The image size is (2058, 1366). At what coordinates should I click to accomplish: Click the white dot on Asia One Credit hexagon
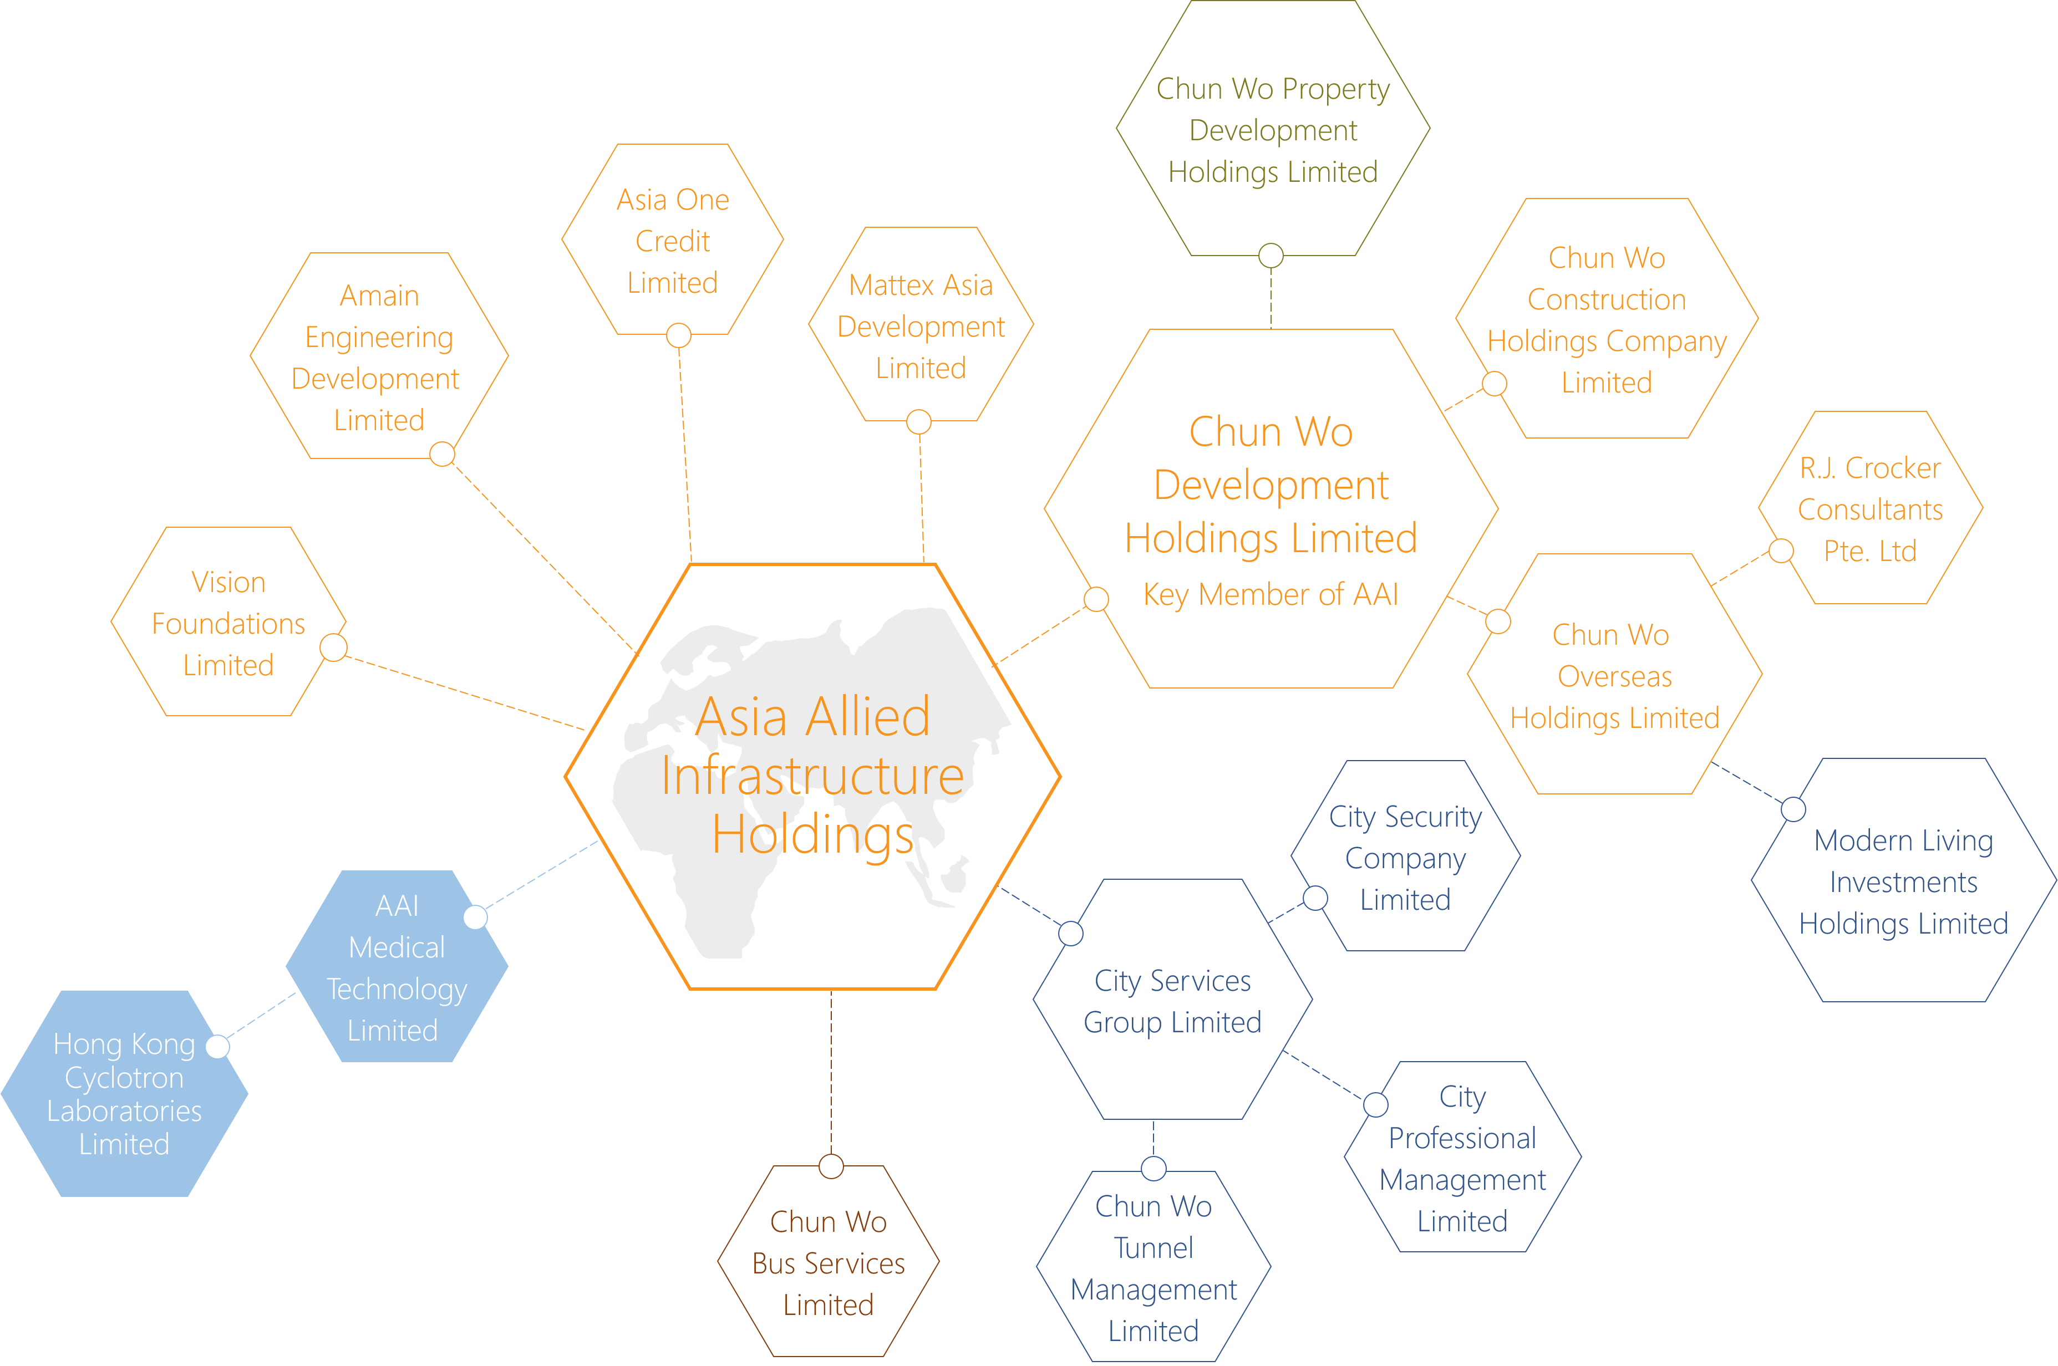pyautogui.click(x=679, y=335)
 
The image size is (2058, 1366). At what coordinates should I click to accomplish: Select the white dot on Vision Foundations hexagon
pyautogui.click(x=334, y=648)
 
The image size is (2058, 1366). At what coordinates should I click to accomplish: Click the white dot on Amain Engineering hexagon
pyautogui.click(x=443, y=454)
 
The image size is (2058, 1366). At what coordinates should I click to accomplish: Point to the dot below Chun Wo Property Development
pyautogui.click(x=1271, y=255)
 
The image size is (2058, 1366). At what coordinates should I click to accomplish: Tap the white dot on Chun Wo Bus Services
pyautogui.click(x=831, y=1166)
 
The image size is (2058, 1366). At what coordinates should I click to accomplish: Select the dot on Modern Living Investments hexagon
pyautogui.click(x=1793, y=809)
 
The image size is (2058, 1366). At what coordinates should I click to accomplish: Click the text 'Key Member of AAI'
pyautogui.click(x=1271, y=594)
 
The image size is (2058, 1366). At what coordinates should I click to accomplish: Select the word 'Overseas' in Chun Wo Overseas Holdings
pyautogui.click(x=1614, y=676)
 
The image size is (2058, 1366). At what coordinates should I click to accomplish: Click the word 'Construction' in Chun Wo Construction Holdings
pyautogui.click(x=1607, y=300)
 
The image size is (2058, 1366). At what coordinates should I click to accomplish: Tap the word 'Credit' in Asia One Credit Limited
pyautogui.click(x=673, y=241)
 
